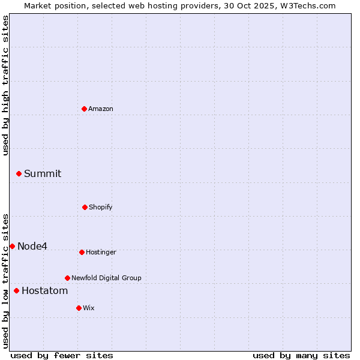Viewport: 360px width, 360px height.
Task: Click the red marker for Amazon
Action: click(x=85, y=109)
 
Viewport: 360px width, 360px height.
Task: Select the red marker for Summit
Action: click(x=19, y=173)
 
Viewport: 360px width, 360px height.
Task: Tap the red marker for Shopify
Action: click(x=85, y=207)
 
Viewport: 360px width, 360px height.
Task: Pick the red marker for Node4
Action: click(x=12, y=246)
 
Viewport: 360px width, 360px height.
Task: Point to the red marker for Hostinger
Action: click(x=82, y=252)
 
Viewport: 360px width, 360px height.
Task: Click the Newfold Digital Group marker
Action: click(x=67, y=278)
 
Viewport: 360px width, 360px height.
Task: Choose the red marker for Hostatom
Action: click(x=16, y=290)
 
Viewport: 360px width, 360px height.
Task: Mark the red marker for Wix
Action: click(x=79, y=308)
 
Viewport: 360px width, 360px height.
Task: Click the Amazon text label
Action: click(x=101, y=109)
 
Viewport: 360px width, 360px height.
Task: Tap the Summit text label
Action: click(x=43, y=173)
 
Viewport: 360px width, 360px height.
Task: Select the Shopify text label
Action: click(x=101, y=207)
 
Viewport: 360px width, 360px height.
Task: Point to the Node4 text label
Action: click(x=32, y=246)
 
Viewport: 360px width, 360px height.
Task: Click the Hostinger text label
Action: click(x=101, y=252)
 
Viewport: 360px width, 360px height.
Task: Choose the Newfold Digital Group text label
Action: click(x=107, y=278)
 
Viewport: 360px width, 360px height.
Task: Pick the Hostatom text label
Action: click(x=45, y=290)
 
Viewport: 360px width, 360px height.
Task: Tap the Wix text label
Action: click(x=89, y=308)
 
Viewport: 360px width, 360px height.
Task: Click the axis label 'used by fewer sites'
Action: click(x=62, y=355)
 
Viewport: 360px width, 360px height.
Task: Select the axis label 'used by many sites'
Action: click(x=301, y=355)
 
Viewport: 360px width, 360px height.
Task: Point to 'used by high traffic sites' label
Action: click(x=5, y=85)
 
